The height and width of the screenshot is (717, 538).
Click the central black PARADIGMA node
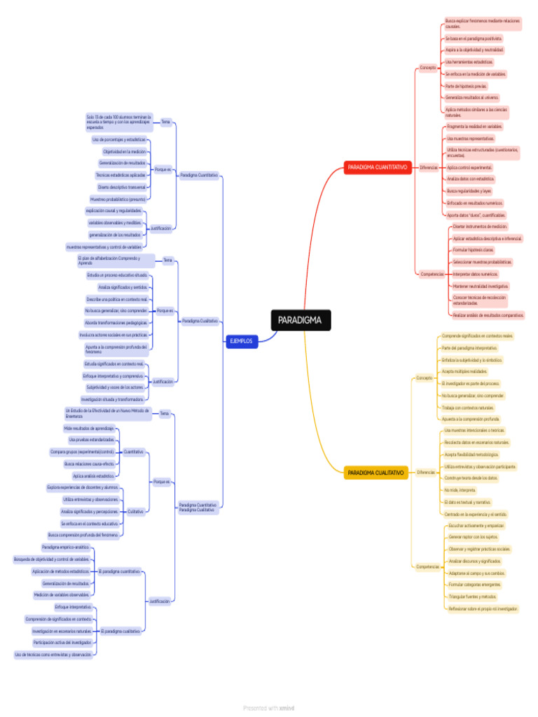[x=300, y=321]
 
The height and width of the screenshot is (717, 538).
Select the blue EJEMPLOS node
[x=242, y=342]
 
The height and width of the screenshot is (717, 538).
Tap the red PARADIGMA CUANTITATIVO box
[x=377, y=168]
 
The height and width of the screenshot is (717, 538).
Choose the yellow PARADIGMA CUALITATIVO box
[x=376, y=473]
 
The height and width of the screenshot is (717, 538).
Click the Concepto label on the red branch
[x=427, y=67]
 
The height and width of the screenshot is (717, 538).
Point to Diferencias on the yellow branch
[x=426, y=473]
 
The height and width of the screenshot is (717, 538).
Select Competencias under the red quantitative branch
[x=432, y=274]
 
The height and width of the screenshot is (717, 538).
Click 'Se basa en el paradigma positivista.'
[x=473, y=39]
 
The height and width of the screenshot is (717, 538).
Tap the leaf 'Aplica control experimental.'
[x=469, y=168]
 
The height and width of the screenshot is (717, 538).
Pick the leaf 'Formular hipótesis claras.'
[x=473, y=250]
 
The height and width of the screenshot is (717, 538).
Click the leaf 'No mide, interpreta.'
[x=460, y=490]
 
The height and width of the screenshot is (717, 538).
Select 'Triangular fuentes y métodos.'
[x=472, y=597]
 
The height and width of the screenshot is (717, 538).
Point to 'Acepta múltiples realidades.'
[x=464, y=371]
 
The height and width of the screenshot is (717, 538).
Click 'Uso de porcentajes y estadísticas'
[x=119, y=139]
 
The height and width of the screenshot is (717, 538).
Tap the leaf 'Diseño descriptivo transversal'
[x=122, y=187]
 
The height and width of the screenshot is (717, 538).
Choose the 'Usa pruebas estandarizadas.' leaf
[x=92, y=440]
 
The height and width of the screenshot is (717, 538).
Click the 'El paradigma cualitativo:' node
[x=120, y=630]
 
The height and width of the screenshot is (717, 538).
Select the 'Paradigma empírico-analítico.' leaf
[x=65, y=548]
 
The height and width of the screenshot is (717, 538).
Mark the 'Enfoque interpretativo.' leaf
[x=72, y=607]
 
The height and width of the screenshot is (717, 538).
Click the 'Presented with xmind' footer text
[x=269, y=708]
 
